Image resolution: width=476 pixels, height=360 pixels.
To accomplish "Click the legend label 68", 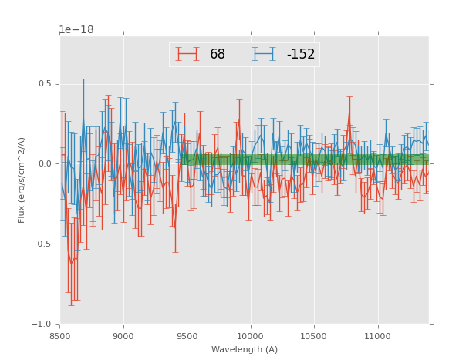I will click(x=218, y=54).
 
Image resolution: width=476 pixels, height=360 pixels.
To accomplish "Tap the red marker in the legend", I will click(x=187, y=54).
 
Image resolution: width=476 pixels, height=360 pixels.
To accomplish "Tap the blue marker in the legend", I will click(x=265, y=54).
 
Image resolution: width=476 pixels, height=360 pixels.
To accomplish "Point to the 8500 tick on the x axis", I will click(x=60, y=335).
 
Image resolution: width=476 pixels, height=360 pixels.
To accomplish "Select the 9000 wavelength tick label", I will click(x=123, y=335).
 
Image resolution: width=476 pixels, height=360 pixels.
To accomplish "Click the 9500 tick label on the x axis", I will click(x=187, y=335).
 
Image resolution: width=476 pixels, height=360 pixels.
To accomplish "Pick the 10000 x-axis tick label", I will click(x=250, y=335).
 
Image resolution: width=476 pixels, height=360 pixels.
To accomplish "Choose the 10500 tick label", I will click(x=313, y=335).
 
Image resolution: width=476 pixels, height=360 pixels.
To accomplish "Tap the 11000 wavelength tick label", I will click(x=376, y=335).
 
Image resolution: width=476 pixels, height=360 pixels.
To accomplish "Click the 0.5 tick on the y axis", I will click(x=45, y=84).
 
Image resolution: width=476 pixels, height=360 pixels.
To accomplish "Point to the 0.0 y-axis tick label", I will click(x=45, y=163).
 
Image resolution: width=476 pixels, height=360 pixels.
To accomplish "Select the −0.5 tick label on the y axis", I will click(x=42, y=244).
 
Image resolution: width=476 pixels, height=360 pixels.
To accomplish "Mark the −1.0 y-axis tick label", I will click(x=42, y=324).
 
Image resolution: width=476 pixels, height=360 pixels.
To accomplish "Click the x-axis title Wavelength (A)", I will click(x=245, y=349).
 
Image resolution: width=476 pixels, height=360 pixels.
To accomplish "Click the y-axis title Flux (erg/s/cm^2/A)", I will click(x=22, y=180).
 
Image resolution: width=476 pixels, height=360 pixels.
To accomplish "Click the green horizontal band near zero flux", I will click(x=309, y=160).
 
